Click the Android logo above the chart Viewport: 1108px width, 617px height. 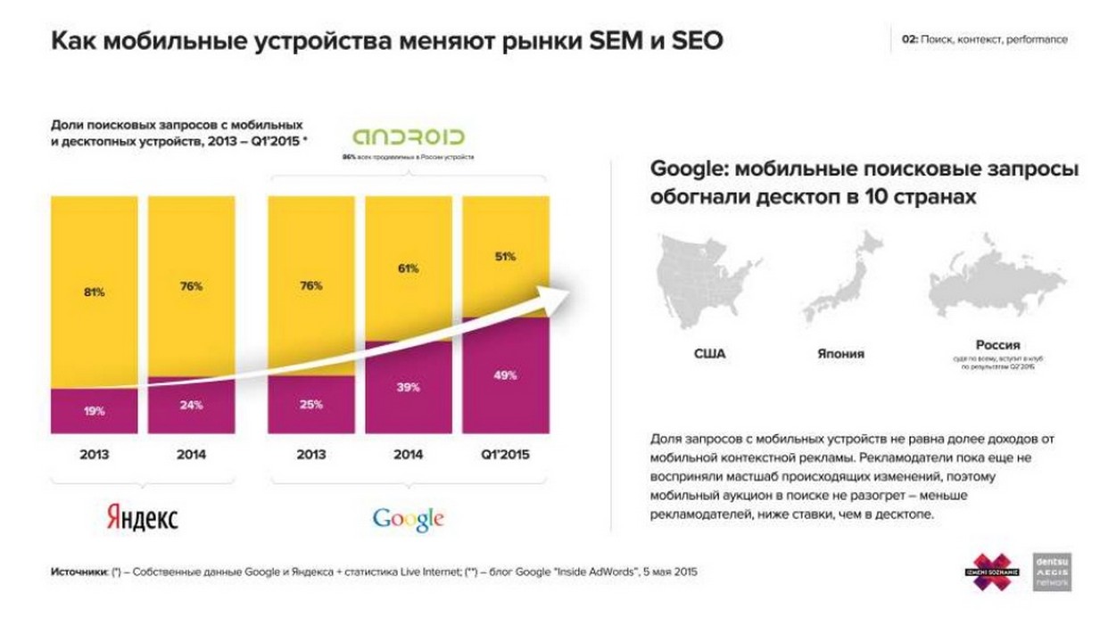(x=409, y=137)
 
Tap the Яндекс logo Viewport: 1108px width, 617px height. (x=142, y=517)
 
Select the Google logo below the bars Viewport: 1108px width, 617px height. (x=408, y=518)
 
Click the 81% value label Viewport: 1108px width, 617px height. (x=95, y=292)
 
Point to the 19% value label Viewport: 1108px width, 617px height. (x=95, y=411)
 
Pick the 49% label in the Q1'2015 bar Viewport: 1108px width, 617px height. (x=505, y=375)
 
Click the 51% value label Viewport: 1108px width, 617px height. (x=505, y=257)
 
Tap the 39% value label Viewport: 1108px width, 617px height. (x=408, y=387)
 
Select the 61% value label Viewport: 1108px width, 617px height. (x=408, y=267)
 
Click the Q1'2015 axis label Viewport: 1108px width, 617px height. (x=505, y=455)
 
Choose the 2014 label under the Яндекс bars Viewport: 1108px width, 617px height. (x=191, y=455)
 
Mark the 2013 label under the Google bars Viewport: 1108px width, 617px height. (x=311, y=455)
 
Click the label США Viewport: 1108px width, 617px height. (x=709, y=354)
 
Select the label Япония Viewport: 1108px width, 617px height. (x=840, y=354)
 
